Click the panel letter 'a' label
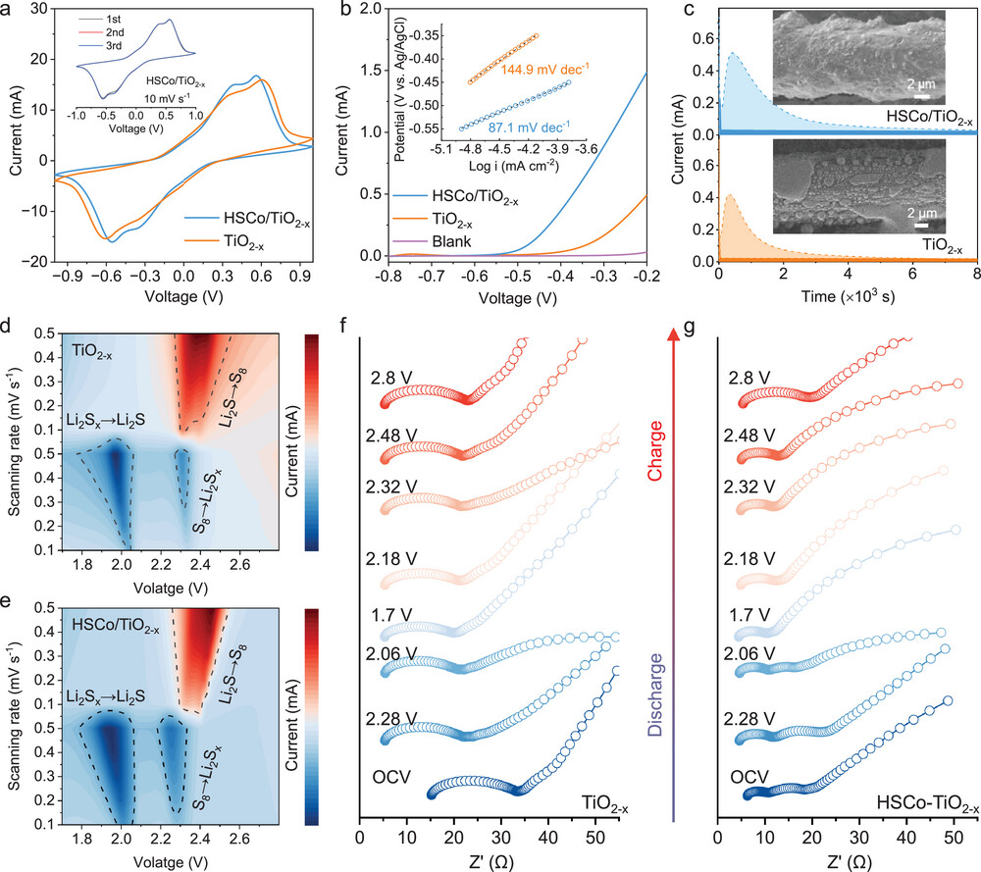(12, 11)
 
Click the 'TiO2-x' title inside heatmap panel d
(97, 347)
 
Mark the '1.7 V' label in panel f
(389, 615)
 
